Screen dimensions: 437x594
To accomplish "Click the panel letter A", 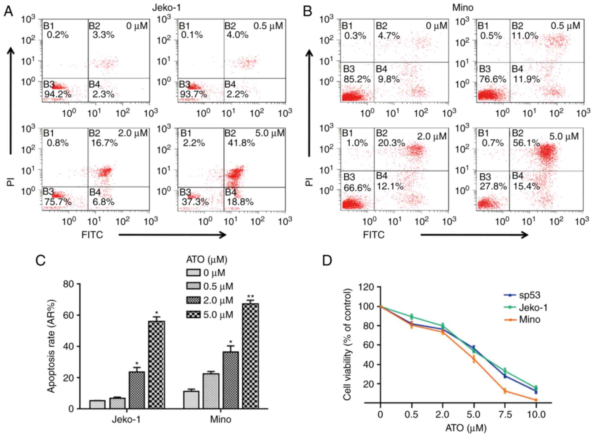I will [9, 11].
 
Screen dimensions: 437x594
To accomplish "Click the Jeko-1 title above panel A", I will [166, 7].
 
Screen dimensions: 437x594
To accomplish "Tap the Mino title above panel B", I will [463, 7].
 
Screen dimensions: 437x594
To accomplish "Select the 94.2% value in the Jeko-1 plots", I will [58, 94].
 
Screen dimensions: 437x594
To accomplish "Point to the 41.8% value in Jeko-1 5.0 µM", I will [241, 143].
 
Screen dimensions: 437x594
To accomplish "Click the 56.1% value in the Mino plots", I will [526, 143].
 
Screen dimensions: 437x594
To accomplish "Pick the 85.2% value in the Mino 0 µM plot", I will [357, 79].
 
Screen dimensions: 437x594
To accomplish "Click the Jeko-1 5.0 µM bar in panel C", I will [157, 365].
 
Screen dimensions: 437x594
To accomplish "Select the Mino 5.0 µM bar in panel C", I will [251, 356].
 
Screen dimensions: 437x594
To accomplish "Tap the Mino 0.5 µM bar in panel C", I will [211, 391].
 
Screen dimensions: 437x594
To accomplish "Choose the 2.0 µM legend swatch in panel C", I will [193, 300].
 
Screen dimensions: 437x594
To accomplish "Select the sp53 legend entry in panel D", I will [529, 295].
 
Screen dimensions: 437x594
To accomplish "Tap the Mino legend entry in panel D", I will [529, 320].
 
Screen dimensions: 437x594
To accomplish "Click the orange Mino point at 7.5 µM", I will [505, 391].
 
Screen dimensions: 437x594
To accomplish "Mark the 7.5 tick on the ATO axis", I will [505, 415].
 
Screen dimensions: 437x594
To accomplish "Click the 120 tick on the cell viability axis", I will [366, 287].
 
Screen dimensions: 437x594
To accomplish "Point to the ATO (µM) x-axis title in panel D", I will [466, 428].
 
